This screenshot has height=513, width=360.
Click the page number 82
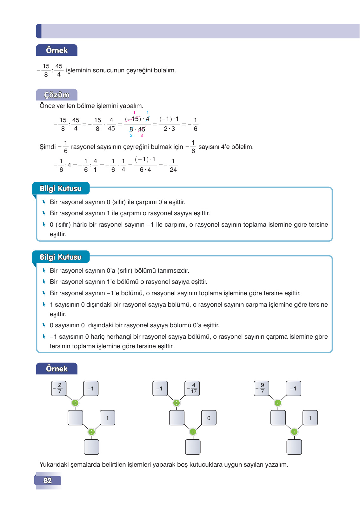pyautogui.click(x=48, y=480)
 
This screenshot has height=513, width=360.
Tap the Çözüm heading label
pyautogui.click(x=57, y=95)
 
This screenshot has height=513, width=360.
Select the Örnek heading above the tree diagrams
pyautogui.click(x=57, y=369)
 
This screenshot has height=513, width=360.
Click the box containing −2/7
pyautogui.click(x=59, y=389)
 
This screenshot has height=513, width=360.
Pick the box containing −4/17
pyautogui.click(x=192, y=389)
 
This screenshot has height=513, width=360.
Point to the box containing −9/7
pyautogui.click(x=262, y=389)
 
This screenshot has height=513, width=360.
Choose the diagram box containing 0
pyautogui.click(x=209, y=418)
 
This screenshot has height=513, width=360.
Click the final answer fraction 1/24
pyautogui.click(x=173, y=165)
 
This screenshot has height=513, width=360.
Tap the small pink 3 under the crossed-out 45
pyautogui.click(x=142, y=136)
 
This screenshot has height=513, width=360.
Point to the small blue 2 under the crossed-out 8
pyautogui.click(x=131, y=136)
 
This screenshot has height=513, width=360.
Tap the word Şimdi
pyautogui.click(x=48, y=147)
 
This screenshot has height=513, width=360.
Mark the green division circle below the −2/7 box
pyautogui.click(x=75, y=403)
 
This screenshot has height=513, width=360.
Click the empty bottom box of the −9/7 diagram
pyautogui.click(x=294, y=447)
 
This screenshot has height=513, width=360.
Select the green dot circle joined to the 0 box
pyautogui.click(x=193, y=432)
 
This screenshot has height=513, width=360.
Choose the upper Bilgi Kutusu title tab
pyautogui.click(x=61, y=189)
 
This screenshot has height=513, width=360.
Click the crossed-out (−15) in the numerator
pyautogui.click(x=133, y=119)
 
